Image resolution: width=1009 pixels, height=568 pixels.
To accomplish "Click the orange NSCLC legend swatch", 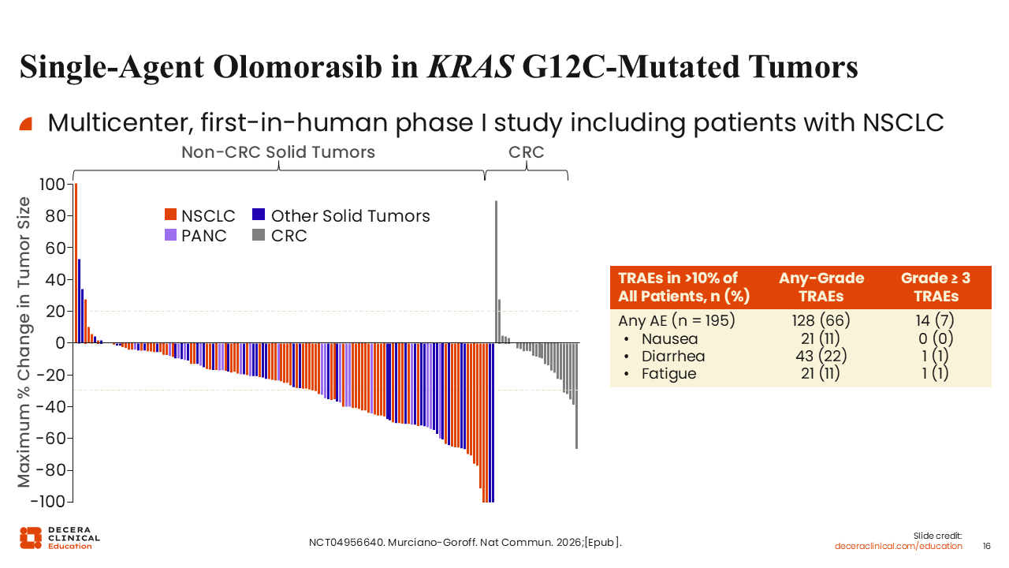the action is [170, 215].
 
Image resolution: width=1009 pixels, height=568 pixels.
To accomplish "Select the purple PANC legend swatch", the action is [170, 235].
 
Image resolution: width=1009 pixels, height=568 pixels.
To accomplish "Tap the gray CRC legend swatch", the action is [259, 235].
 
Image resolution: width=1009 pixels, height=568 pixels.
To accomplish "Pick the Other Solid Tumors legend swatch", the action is [259, 215].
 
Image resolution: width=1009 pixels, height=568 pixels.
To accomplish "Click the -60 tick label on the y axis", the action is [50, 438].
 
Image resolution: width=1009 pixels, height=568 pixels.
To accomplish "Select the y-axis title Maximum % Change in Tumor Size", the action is [24, 342].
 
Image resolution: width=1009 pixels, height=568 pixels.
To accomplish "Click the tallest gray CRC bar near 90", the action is [497, 272].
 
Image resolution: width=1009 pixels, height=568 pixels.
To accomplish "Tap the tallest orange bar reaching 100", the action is [76, 263].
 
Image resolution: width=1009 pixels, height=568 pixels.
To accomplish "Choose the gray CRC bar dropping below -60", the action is [576, 396].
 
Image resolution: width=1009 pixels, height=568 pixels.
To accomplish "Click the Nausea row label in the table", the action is [670, 339].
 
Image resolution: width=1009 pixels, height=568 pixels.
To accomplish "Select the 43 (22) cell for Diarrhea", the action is [821, 356].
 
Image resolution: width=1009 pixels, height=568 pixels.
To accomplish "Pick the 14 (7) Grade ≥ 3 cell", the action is [935, 320].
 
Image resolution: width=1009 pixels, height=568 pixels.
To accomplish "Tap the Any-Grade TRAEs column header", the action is [821, 287].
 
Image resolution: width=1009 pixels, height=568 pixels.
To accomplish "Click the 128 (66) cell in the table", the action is [821, 320].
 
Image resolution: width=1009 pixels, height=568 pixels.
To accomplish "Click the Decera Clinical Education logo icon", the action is [31, 538].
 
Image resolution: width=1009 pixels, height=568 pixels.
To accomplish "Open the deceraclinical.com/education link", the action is [898, 547].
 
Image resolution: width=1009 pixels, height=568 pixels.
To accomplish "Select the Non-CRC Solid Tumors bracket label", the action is [278, 152].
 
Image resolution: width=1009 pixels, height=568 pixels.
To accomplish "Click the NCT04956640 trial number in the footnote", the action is [346, 542].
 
